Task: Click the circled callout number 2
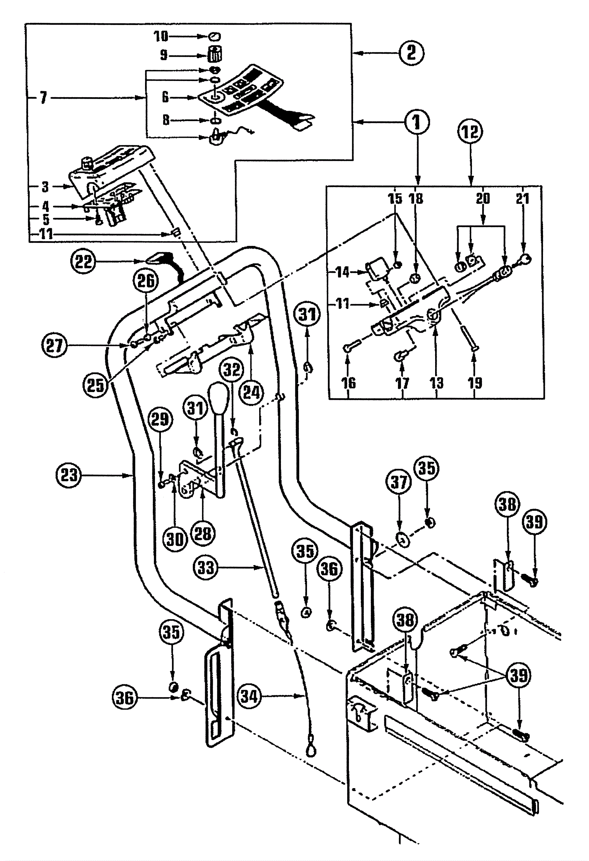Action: [x=411, y=53]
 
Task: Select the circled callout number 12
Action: [x=470, y=131]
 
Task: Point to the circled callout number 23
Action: [x=68, y=475]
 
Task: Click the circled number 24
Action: [x=251, y=392]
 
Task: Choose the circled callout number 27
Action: [x=54, y=345]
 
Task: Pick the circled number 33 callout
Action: [x=206, y=567]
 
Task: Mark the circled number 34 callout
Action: [x=249, y=696]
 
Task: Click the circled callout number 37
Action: [x=399, y=482]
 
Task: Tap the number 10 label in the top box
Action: [x=161, y=36]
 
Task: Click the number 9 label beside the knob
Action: [x=163, y=56]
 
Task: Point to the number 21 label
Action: [x=522, y=198]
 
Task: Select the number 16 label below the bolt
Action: [x=348, y=383]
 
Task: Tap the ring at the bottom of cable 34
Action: [x=310, y=751]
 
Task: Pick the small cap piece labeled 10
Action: [x=214, y=36]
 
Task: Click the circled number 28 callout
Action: [x=202, y=534]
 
